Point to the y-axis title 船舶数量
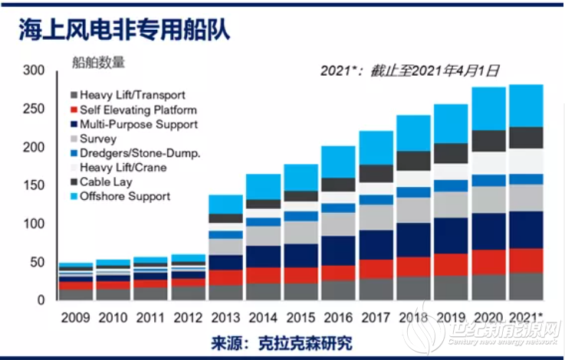pyautogui.click(x=98, y=62)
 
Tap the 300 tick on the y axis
pyautogui.click(x=34, y=70)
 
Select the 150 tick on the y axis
pyautogui.click(x=34, y=185)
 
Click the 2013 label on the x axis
pyautogui.click(x=225, y=316)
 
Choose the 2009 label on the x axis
pyautogui.click(x=75, y=316)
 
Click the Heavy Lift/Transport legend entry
pyautogui.click(x=132, y=95)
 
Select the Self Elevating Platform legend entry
pyautogui.click(x=138, y=110)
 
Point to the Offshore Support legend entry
pyautogui.click(x=124, y=197)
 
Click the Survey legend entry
pyautogui.click(x=97, y=139)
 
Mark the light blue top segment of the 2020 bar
pyautogui.click(x=488, y=108)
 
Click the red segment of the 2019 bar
pyautogui.click(x=451, y=264)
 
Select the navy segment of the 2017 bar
pyautogui.click(x=376, y=245)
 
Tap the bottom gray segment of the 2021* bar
pyautogui.click(x=526, y=286)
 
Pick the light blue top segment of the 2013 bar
pyautogui.click(x=225, y=204)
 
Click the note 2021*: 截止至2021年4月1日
pyautogui.click(x=410, y=70)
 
